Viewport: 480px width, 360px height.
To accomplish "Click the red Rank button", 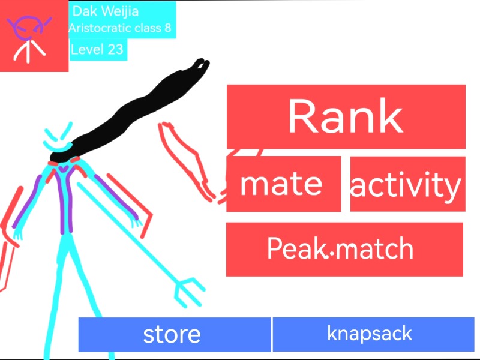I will (x=346, y=116).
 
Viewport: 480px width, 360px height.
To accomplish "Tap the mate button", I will (x=283, y=184).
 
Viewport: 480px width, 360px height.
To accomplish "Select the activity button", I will (x=407, y=184).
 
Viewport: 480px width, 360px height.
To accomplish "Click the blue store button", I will (x=175, y=334).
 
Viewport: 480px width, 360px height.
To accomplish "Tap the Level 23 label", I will (x=97, y=49).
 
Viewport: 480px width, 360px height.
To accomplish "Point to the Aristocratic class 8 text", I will (x=124, y=28).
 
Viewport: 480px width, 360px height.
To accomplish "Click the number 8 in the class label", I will (x=168, y=28).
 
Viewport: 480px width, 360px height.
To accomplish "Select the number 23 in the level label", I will (x=115, y=49).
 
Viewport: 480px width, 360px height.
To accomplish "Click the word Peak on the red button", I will (x=295, y=248).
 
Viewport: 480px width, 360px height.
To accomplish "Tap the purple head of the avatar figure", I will (x=28, y=27).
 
